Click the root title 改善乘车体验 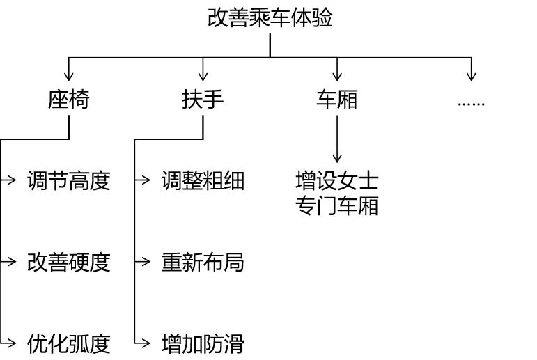click(270, 17)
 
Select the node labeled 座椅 click(68, 100)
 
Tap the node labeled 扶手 click(203, 100)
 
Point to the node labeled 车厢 click(336, 100)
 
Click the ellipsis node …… click(471, 102)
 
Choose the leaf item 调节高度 click(68, 181)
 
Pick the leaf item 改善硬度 click(68, 263)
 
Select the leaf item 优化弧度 click(68, 343)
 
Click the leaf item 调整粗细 click(203, 181)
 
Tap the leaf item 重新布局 click(203, 263)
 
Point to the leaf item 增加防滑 click(203, 343)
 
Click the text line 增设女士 click(336, 181)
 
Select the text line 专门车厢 click(336, 206)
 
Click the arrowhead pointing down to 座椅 click(69, 77)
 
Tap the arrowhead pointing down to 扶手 click(203, 77)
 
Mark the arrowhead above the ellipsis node click(472, 77)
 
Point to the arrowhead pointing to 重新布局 click(146, 262)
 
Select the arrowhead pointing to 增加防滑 click(146, 343)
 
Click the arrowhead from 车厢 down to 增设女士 click(337, 159)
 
